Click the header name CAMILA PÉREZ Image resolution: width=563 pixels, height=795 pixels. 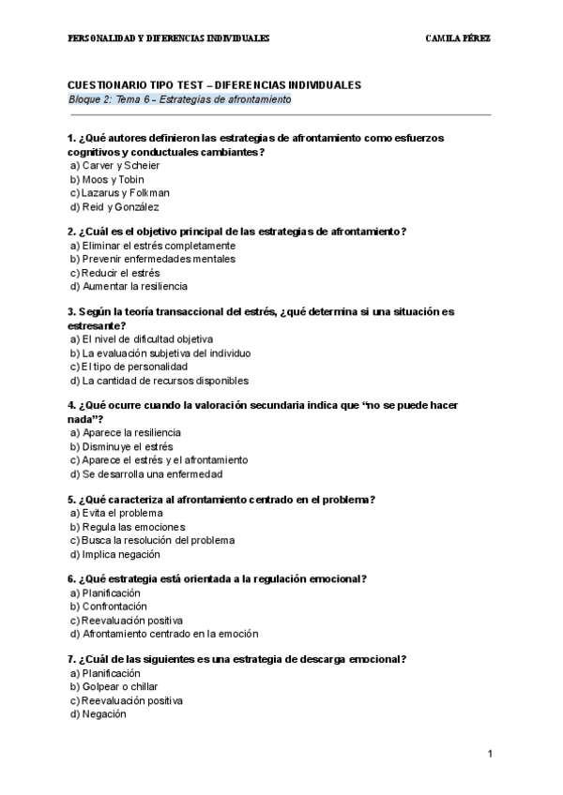(x=458, y=38)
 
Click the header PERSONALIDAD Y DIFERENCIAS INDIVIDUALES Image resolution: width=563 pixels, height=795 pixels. (x=169, y=38)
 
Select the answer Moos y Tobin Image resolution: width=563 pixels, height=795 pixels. (x=106, y=179)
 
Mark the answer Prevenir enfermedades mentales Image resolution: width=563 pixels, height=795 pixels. (x=152, y=259)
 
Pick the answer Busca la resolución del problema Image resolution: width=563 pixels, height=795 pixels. (x=151, y=540)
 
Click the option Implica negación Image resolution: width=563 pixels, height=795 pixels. (x=114, y=554)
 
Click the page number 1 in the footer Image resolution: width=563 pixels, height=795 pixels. (x=490, y=754)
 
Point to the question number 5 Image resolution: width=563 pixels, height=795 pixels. (x=71, y=500)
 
